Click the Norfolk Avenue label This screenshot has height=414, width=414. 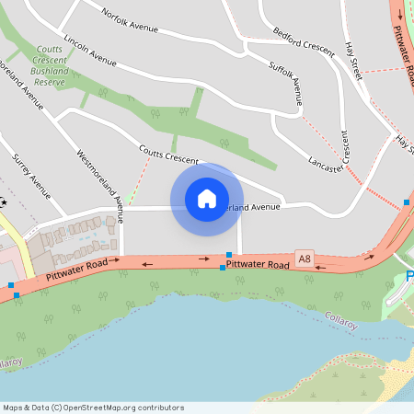pos(131,18)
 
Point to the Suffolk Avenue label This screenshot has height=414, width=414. pos(285,80)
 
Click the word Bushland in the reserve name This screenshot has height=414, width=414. pos(49,70)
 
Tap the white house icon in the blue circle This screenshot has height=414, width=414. pos(207,198)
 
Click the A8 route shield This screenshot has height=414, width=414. pos(305,259)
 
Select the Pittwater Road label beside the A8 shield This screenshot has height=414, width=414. pos(258,264)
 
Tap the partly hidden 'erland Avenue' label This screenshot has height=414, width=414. pos(251,207)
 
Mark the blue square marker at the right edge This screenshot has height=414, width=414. pos(407,201)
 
